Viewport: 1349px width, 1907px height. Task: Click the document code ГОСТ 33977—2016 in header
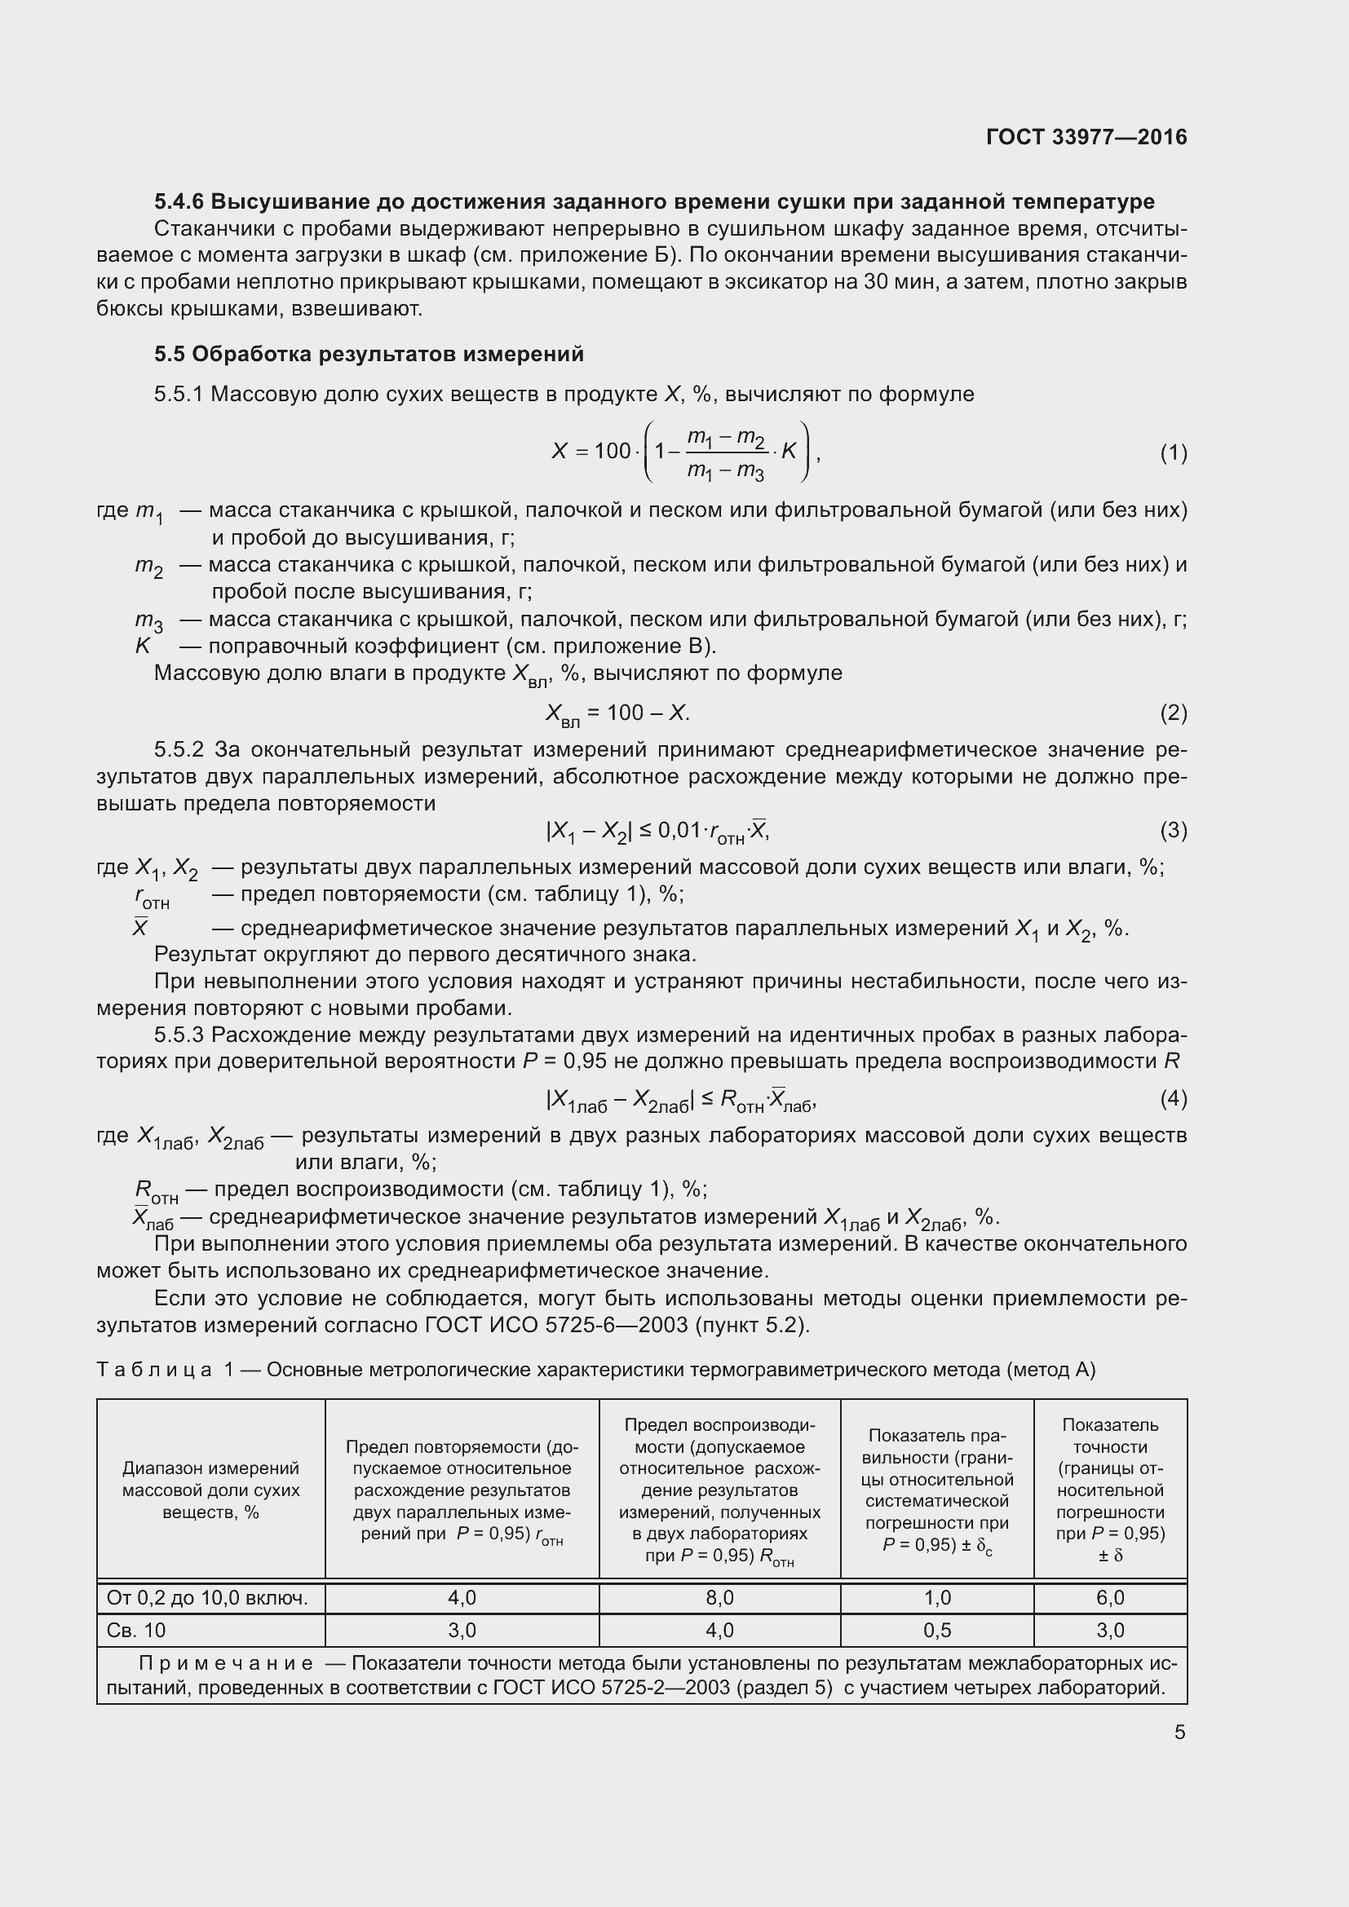coord(1086,137)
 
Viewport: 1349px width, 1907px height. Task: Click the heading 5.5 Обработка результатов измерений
coord(369,355)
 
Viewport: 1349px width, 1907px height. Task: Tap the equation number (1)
coord(1173,452)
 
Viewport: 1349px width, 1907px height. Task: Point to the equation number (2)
coord(1173,713)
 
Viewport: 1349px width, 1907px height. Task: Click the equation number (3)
coord(1173,830)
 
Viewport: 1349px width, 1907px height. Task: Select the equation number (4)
coord(1173,1099)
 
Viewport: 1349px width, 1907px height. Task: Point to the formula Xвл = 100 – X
coord(617,713)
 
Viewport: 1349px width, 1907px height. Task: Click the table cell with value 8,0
coord(719,1598)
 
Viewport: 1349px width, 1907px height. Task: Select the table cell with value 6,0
coord(1110,1598)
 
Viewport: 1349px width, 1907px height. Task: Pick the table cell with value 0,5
coord(937,1631)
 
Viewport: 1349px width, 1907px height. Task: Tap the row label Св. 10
coord(136,1631)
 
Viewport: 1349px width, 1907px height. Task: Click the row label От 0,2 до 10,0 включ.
coord(208,1598)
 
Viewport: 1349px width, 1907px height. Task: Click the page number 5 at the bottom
coord(1179,1733)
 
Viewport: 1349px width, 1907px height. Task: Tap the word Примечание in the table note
coord(226,1664)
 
